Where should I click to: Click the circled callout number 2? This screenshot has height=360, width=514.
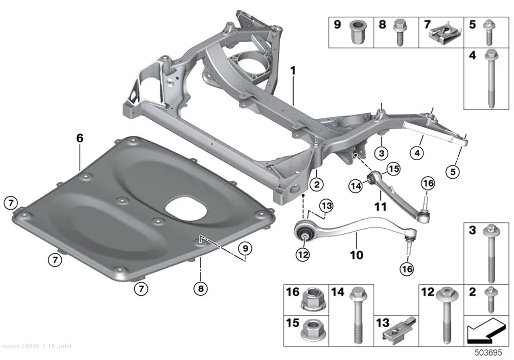(x=317, y=184)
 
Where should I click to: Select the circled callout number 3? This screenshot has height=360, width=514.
(x=381, y=153)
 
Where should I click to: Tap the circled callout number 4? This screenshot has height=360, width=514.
(x=417, y=153)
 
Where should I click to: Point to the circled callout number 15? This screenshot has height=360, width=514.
(x=394, y=169)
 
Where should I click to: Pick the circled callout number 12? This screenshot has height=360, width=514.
(x=303, y=254)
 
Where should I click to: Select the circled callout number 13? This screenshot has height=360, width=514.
(x=326, y=206)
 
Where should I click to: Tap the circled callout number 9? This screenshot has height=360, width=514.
(x=245, y=248)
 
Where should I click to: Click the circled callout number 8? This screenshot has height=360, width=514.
(x=201, y=288)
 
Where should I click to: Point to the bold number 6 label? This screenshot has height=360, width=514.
(x=80, y=138)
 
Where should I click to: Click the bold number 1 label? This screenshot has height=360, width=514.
(x=293, y=71)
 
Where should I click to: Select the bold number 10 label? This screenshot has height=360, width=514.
(x=357, y=255)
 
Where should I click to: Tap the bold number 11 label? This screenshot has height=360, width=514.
(x=380, y=207)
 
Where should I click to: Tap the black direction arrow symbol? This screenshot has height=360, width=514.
(x=485, y=330)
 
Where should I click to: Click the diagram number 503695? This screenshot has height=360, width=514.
(x=488, y=353)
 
